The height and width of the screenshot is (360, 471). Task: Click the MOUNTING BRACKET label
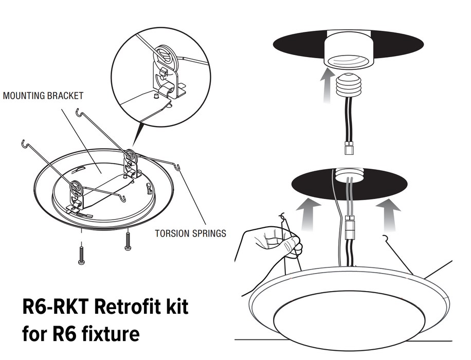[x=43, y=96]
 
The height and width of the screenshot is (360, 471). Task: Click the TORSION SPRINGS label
[x=190, y=233]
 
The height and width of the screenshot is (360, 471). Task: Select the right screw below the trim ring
[x=128, y=241]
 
